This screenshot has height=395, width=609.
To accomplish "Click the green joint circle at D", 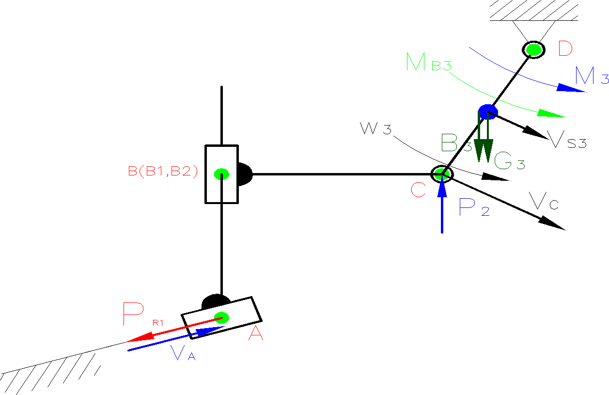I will coord(533,49).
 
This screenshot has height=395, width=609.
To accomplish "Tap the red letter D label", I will coord(564,49).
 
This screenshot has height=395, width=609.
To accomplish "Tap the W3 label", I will coord(375,129).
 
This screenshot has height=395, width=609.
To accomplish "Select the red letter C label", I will coord(418,190).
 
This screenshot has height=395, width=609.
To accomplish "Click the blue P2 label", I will coord(473,207).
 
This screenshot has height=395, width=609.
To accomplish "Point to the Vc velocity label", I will coord(544,201).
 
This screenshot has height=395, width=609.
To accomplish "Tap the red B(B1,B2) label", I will coord(163,172).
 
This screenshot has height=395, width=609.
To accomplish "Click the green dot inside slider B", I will coord(221,174).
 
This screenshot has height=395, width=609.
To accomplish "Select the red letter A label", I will coord(256,333).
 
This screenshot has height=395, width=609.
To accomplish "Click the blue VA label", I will coord(184,354).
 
